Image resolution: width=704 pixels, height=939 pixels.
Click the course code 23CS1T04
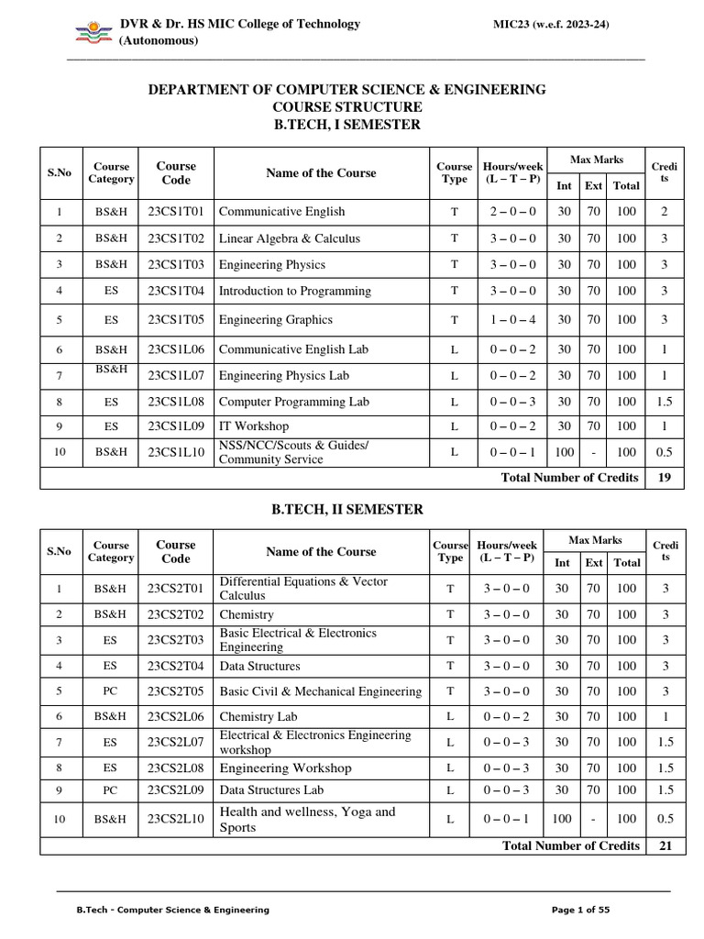(x=176, y=292)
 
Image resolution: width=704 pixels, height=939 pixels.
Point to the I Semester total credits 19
(x=665, y=478)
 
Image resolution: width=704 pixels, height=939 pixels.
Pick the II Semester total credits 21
(x=665, y=845)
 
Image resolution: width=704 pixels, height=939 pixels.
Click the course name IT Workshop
(x=254, y=426)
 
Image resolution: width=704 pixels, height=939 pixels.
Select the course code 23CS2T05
(x=176, y=691)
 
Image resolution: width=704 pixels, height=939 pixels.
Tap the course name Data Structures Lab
(x=271, y=790)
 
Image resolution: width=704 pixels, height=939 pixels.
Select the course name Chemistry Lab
(x=258, y=716)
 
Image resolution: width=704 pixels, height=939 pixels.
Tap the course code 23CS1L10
(x=176, y=452)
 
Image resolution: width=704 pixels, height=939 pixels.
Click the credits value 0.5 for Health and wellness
(x=665, y=819)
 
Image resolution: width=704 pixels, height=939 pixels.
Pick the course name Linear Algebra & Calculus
(x=290, y=238)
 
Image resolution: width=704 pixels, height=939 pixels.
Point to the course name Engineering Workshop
(x=285, y=768)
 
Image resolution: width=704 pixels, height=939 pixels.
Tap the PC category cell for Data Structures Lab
(x=110, y=790)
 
